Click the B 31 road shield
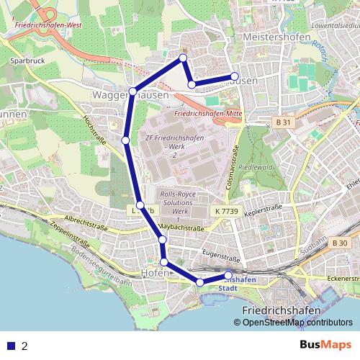(x=284, y=123)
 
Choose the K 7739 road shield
(x=226, y=210)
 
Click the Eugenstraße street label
(x=221, y=256)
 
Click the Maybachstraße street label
(x=177, y=228)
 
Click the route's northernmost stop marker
(x=183, y=57)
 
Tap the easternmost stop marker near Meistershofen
(x=235, y=76)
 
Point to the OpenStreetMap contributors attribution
(x=297, y=323)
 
